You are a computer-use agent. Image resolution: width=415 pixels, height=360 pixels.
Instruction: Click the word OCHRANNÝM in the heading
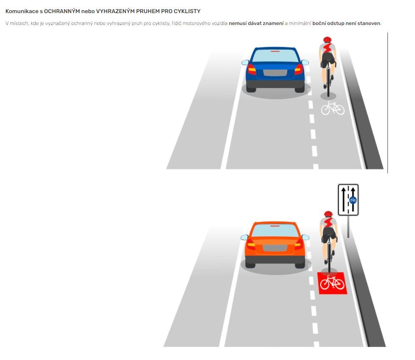click(62, 11)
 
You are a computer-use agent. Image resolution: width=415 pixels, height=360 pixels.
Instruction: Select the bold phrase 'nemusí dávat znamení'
click(256, 23)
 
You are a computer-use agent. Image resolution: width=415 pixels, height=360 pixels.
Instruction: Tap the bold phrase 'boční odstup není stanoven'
click(346, 23)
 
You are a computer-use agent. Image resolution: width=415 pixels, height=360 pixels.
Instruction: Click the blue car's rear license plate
click(275, 72)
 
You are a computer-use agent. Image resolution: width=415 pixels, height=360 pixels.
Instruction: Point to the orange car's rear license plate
click(275, 248)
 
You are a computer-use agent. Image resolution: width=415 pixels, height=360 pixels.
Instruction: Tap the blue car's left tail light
click(252, 69)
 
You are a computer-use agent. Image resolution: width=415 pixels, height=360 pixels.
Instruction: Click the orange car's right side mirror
click(305, 237)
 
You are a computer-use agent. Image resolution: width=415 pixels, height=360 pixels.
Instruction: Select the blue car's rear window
click(275, 55)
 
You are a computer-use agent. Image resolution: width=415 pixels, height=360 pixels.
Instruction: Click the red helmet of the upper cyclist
click(327, 39)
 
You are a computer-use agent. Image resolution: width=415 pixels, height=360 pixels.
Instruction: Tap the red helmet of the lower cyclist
click(328, 213)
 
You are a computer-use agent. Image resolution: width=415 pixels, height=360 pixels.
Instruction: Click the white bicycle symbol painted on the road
click(333, 108)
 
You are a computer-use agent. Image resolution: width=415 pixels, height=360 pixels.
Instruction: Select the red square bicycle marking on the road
click(332, 283)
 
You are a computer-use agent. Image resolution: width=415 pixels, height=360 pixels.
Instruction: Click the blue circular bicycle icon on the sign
click(353, 200)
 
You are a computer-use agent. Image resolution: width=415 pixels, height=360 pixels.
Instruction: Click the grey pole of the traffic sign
click(348, 227)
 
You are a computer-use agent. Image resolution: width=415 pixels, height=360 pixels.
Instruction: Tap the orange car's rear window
click(275, 230)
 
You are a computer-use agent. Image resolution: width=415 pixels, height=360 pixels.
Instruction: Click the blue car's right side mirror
click(305, 63)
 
